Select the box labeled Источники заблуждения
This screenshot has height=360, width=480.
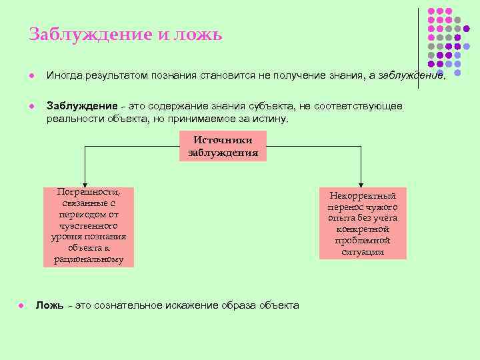pyautogui.click(x=223, y=147)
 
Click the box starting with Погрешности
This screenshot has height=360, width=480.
pyautogui.click(x=89, y=227)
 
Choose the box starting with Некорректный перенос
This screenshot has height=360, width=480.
pyautogui.click(x=362, y=224)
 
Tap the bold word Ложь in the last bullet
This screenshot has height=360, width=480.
pyautogui.click(x=49, y=305)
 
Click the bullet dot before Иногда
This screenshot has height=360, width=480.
pyautogui.click(x=31, y=75)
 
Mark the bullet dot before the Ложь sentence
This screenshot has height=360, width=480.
pyautogui.click(x=21, y=305)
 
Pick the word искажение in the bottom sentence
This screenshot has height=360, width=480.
pyautogui.click(x=199, y=305)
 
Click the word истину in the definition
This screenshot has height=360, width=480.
pyautogui.click(x=269, y=119)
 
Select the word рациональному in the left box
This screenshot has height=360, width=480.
pyautogui.click(x=89, y=259)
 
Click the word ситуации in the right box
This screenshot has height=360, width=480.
pyautogui.click(x=363, y=252)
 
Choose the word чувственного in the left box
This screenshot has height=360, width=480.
pyautogui.click(x=89, y=225)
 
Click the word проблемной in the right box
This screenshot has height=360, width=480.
pyautogui.click(x=363, y=241)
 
